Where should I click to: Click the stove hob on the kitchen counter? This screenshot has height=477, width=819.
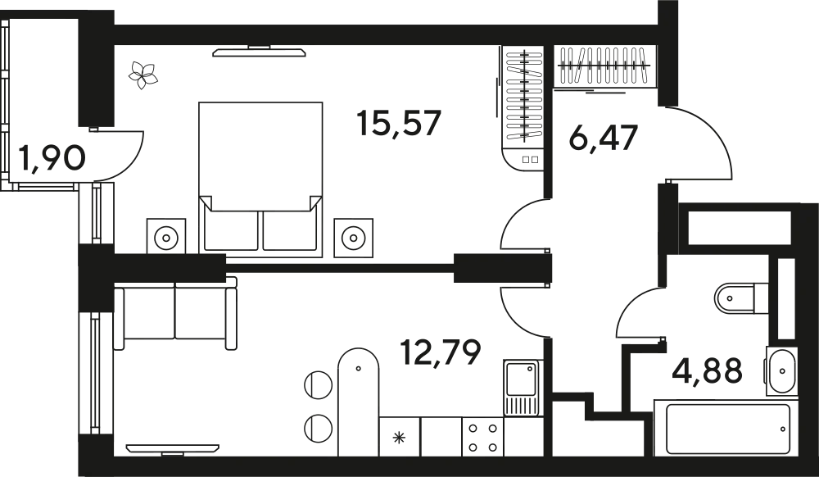point(479,435)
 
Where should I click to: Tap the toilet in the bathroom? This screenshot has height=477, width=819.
point(782,368)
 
